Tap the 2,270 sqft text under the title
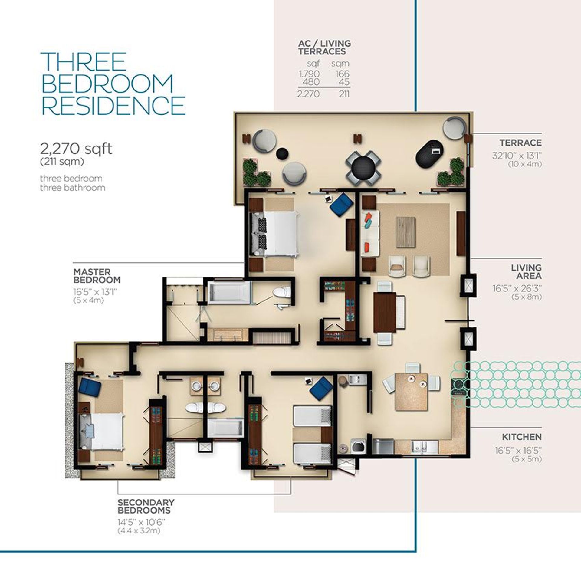click(x=76, y=149)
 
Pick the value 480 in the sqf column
click(x=311, y=82)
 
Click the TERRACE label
click(x=520, y=143)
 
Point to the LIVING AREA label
click(x=526, y=272)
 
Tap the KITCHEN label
click(x=522, y=437)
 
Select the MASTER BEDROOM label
click(x=97, y=275)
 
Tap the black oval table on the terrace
click(x=430, y=152)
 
